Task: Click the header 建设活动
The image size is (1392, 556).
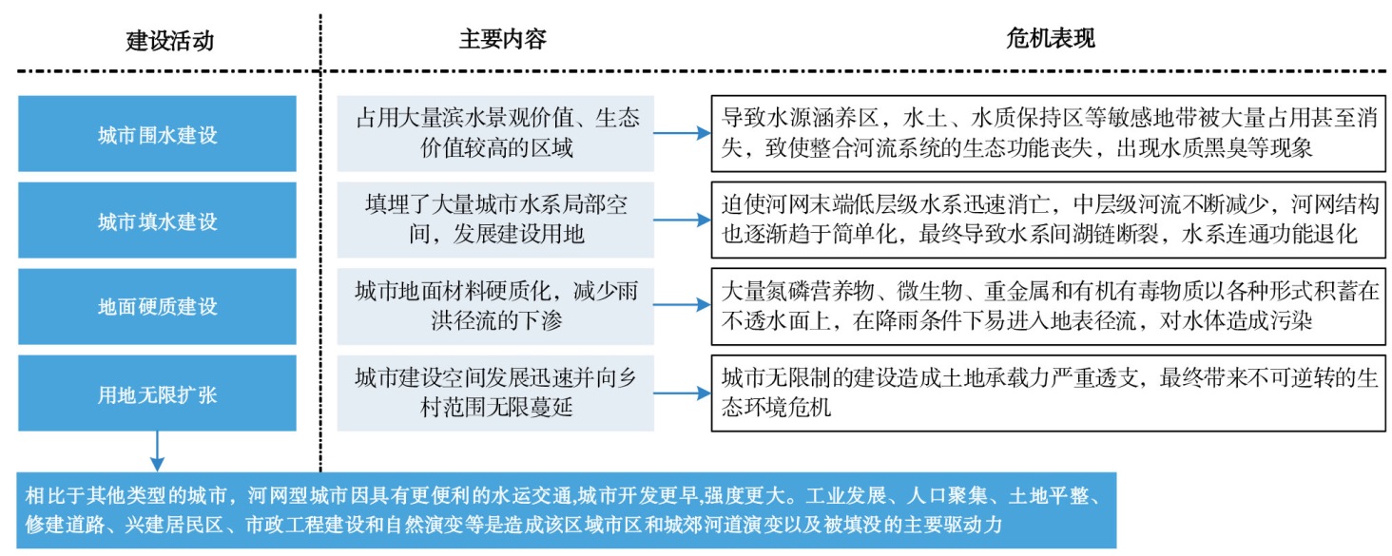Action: [x=169, y=40]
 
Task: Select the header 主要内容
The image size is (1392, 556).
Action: [x=503, y=39]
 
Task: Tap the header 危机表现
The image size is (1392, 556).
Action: [x=1051, y=39]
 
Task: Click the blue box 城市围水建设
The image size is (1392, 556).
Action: [x=157, y=134]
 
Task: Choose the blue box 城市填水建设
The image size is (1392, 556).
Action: [x=157, y=220]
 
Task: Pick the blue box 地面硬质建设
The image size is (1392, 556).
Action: [x=157, y=306]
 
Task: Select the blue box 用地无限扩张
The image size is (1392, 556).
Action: [x=157, y=393]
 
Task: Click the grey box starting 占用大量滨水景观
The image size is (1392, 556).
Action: [x=495, y=134]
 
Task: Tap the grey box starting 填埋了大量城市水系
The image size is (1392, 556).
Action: [x=495, y=220]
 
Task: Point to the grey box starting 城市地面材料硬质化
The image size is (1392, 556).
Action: [x=495, y=306]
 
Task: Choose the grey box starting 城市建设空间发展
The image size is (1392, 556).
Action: [x=495, y=393]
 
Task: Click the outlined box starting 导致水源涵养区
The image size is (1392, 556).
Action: [x=1049, y=134]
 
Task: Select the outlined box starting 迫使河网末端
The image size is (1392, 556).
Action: [x=1049, y=220]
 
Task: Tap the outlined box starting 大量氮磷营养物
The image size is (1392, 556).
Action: [x=1049, y=306]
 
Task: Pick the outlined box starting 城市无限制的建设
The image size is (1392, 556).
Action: [x=1049, y=393]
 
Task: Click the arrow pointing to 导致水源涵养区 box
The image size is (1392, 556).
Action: [x=683, y=133]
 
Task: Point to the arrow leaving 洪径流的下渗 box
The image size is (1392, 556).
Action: [x=683, y=304]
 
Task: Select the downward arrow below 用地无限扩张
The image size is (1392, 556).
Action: [x=157, y=451]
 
